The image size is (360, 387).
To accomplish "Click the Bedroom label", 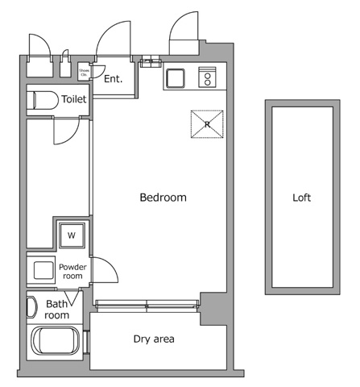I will click(x=163, y=198).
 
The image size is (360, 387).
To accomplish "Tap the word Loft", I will click(x=301, y=198).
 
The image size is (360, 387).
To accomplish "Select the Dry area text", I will click(x=153, y=339).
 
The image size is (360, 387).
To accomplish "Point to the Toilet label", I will click(x=75, y=100).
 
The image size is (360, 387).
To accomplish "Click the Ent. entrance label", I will click(x=113, y=79).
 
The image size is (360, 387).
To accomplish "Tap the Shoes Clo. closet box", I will click(x=84, y=73).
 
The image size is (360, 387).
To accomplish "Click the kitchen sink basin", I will click(x=176, y=79).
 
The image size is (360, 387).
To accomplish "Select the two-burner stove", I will click(x=206, y=78).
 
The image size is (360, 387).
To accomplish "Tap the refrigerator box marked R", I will click(x=206, y=124).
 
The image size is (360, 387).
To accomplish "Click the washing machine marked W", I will click(x=72, y=235).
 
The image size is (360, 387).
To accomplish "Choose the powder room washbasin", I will click(x=41, y=270).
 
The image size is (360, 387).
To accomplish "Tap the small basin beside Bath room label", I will click(x=32, y=307).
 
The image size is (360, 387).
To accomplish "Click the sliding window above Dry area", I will click(x=146, y=304).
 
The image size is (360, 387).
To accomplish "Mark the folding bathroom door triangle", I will click(x=72, y=298).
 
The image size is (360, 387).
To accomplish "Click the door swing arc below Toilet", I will click(x=64, y=132).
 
